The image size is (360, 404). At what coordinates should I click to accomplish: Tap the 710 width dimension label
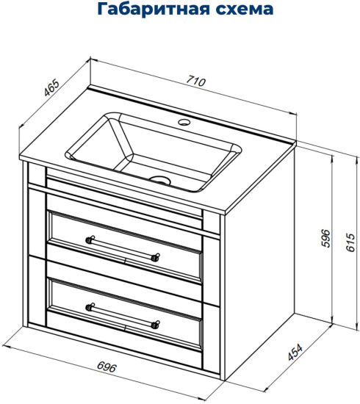196,81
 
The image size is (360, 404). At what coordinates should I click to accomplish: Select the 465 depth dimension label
51,88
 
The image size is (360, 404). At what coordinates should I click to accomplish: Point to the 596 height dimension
326,238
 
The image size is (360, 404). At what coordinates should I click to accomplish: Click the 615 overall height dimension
350,242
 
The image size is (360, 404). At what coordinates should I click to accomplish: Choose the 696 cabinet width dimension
107,367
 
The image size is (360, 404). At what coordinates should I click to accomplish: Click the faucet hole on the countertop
184,122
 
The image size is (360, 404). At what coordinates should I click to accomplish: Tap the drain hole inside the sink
161,180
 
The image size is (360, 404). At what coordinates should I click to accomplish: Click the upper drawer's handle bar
123,248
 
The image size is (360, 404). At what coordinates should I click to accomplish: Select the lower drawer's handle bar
123,316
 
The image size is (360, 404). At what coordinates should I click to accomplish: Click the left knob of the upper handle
90,239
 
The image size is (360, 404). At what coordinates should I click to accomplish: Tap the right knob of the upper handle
156,258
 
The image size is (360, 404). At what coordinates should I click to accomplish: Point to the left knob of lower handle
90,307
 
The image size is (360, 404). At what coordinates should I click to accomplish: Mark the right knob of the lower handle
156,325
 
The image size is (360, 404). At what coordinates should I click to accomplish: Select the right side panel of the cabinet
260,263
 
